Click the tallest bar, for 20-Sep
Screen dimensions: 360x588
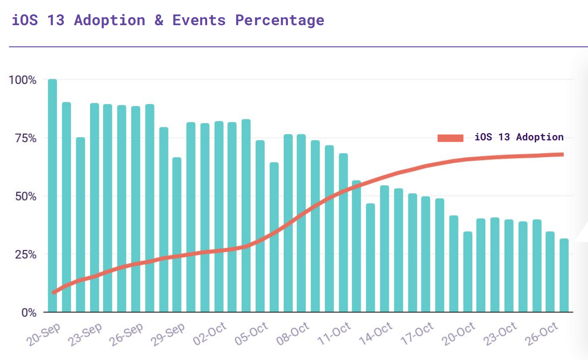(52, 195)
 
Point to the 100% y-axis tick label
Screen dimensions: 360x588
(22, 80)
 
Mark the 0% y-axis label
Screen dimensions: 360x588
(28, 312)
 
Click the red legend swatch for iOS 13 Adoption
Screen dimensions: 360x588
(450, 138)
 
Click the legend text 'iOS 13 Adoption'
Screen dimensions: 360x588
(519, 137)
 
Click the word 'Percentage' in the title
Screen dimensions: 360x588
(280, 21)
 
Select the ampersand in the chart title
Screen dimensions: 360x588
(159, 21)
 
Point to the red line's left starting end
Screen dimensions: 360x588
(54, 292)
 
